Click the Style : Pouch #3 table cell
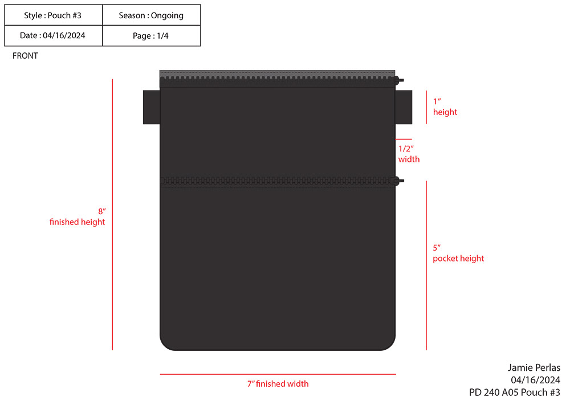[x=53, y=15]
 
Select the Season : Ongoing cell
[x=151, y=15]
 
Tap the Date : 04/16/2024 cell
[x=53, y=35]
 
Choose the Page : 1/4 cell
[x=151, y=35]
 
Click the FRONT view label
[x=25, y=56]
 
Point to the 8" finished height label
[x=78, y=216]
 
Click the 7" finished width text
[x=278, y=384]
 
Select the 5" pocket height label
[x=458, y=253]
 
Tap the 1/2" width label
[x=409, y=154]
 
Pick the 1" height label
[x=445, y=107]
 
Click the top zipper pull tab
[x=401, y=81]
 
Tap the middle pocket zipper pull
[x=400, y=181]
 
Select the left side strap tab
[x=151, y=107]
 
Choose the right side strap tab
[x=404, y=107]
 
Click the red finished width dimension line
[x=278, y=374]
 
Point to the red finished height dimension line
[x=113, y=214]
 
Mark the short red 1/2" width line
[x=404, y=139]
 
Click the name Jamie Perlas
[x=534, y=367]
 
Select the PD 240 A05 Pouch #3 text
[x=514, y=392]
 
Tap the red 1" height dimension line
[x=426, y=107]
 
